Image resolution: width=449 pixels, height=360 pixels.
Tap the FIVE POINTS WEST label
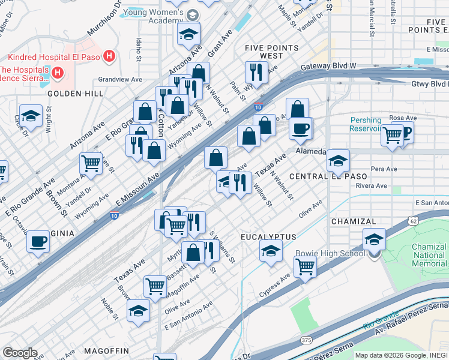coord(272,52)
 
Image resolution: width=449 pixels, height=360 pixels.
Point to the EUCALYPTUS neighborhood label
coord(265,237)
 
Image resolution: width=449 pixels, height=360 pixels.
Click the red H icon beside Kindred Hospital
coord(109,56)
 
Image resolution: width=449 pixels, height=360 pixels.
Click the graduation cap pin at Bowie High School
coord(374,240)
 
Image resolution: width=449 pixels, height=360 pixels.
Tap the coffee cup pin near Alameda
coord(300,127)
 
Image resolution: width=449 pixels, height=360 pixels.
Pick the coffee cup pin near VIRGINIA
coord(38,241)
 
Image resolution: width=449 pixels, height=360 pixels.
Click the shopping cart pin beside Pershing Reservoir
coord(392,135)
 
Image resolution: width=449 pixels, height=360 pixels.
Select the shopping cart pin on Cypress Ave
coord(305,267)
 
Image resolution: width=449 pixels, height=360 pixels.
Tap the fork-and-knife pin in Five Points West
coord(256,72)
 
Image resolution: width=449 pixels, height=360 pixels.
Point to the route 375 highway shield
coord(306,340)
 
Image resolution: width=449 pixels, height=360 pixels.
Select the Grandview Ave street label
coord(120,79)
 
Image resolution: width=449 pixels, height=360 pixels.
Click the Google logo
coord(20,353)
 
